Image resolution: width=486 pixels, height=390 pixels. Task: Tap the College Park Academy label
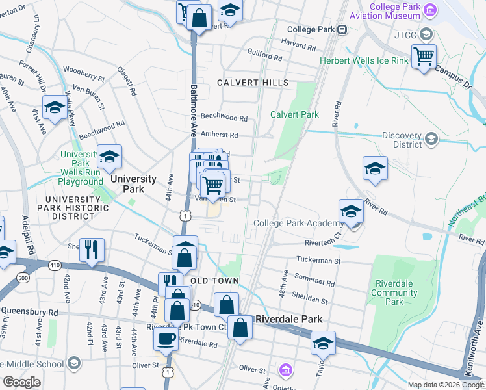[294, 223]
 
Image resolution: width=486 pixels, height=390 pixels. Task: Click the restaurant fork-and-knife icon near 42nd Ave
[92, 250]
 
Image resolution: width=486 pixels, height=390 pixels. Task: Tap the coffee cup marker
[166, 339]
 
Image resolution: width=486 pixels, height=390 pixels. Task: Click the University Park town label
[133, 179]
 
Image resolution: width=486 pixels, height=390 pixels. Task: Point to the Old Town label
[220, 281]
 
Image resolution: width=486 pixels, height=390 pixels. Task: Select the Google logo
[21, 382]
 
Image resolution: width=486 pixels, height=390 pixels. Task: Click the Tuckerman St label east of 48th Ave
[318, 261]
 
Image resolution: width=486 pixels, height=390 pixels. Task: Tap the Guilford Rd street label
[264, 58]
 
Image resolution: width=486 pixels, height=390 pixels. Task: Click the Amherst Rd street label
[219, 135]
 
